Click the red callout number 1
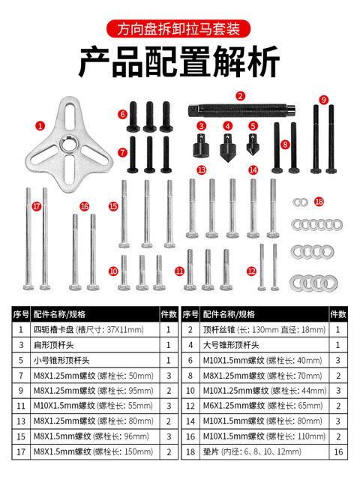[40, 126]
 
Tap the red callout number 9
[324, 100]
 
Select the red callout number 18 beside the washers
[319, 202]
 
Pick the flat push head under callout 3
[202, 145]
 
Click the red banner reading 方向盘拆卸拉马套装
[179, 31]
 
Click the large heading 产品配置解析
[179, 62]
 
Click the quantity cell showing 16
[338, 453]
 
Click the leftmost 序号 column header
[21, 313]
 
